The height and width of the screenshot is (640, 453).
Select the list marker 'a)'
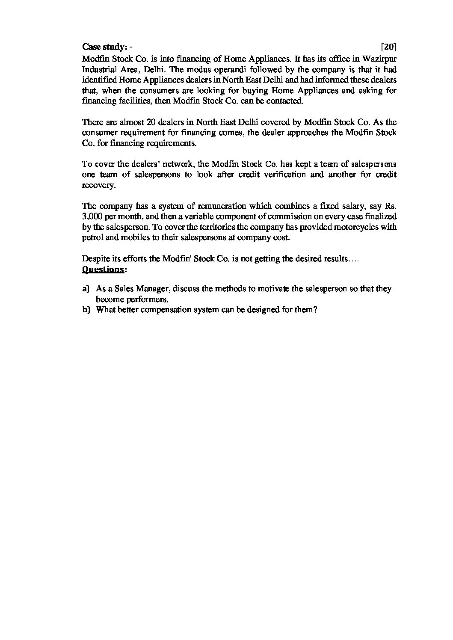(x=86, y=289)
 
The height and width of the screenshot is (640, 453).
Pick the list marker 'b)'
(x=86, y=310)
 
